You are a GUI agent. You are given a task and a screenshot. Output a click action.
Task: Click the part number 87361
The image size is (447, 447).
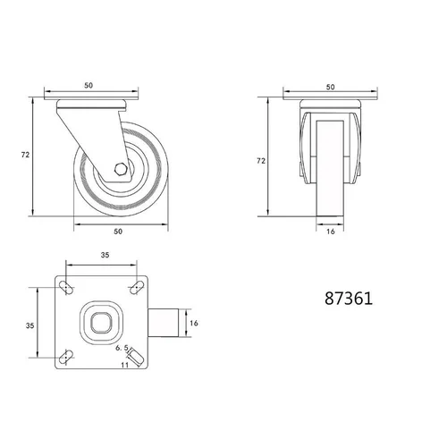tap(349, 299)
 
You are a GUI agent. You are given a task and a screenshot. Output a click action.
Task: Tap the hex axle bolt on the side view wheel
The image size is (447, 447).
tap(121, 169)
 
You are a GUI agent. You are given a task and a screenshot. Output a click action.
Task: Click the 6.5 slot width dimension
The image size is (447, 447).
tap(122, 348)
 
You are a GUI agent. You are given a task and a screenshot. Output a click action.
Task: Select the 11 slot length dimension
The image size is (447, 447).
tap(125, 365)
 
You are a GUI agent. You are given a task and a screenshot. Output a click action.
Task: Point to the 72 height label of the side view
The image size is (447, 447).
tap(25, 155)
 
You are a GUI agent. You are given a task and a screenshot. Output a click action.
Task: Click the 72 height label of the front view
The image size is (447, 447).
tap(261, 161)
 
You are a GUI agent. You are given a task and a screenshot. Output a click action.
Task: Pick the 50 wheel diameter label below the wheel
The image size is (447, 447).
tap(118, 232)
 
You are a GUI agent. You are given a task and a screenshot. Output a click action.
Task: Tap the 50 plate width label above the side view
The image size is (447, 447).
tap(89, 86)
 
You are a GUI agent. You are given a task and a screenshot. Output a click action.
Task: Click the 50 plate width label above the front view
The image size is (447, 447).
tap(330, 87)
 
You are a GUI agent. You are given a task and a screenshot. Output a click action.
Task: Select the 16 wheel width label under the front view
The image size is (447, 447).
tap(331, 232)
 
